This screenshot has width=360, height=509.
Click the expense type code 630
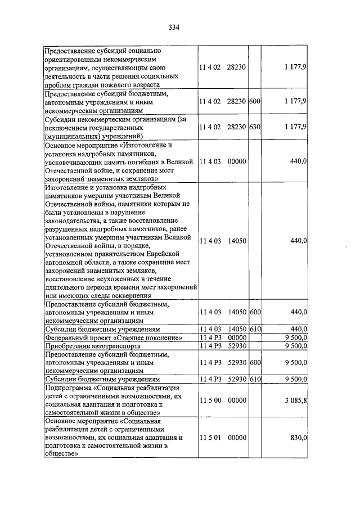[254, 127]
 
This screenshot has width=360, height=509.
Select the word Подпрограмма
[67, 388]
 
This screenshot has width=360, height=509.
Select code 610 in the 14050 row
[254, 328]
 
